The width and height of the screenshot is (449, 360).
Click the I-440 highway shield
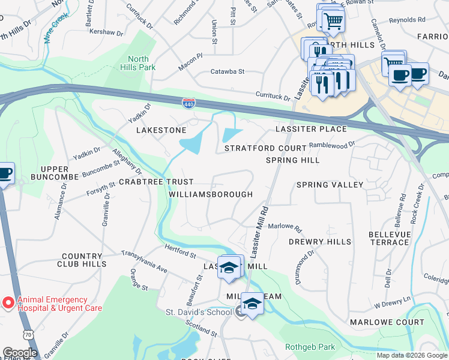tap(188, 103)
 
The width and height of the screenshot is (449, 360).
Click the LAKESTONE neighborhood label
tap(161, 130)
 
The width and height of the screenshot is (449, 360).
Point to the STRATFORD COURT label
tap(265, 148)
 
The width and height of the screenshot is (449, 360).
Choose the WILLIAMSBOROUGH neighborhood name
tap(211, 194)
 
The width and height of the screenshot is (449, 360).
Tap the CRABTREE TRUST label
tap(156, 181)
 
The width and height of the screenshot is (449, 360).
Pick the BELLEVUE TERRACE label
tap(388, 238)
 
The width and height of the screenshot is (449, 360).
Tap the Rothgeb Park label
tap(319, 346)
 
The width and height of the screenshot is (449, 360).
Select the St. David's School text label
tap(199, 312)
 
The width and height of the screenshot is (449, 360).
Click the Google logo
tap(20, 353)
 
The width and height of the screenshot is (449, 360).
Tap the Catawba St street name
tap(228, 71)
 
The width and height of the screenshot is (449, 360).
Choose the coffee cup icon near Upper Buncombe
tap(5, 175)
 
